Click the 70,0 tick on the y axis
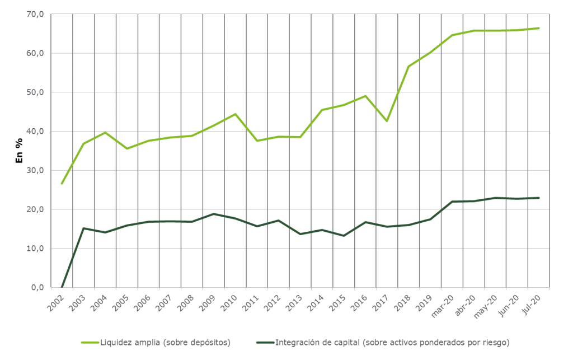click(35, 14)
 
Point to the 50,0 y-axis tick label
click(35, 92)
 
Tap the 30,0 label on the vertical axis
click(35, 170)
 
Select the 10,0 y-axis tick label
click(35, 249)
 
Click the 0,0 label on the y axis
click(37, 288)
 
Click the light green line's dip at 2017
click(387, 121)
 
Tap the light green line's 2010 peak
click(235, 114)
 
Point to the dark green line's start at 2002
click(62, 287)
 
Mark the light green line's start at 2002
click(62, 184)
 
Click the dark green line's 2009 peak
click(213, 214)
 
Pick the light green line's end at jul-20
click(538, 28)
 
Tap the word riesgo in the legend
click(498, 341)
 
